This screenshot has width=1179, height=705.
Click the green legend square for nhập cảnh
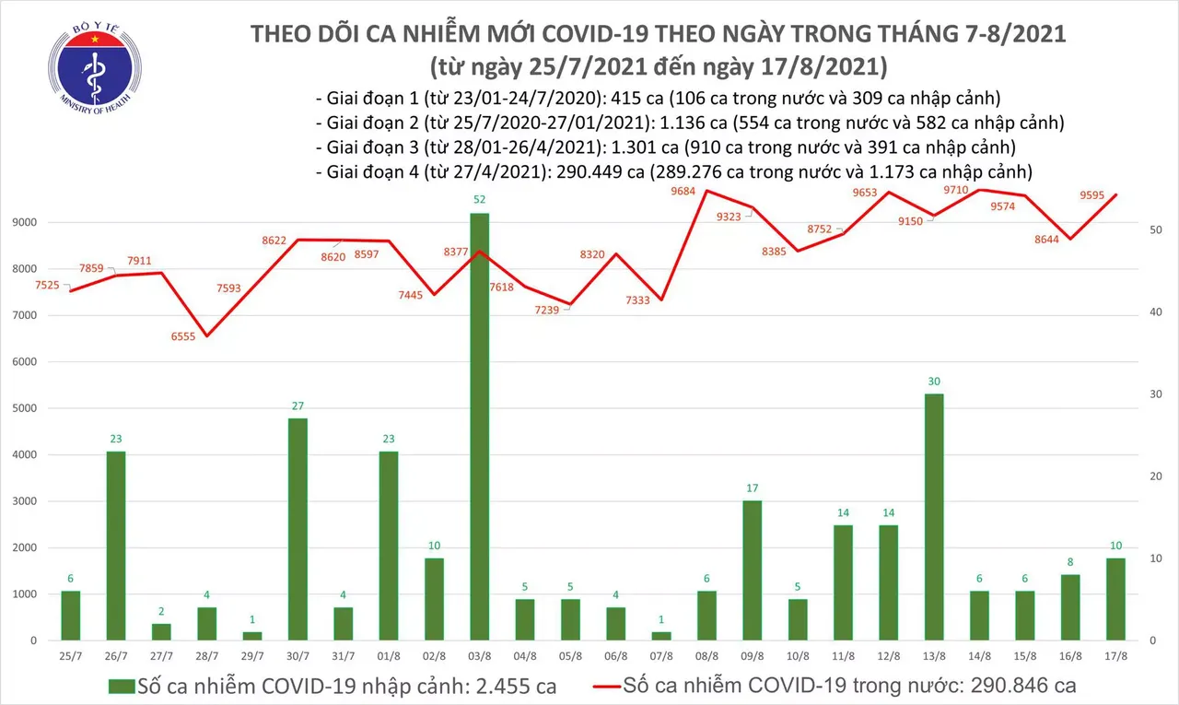pos(121,687)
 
